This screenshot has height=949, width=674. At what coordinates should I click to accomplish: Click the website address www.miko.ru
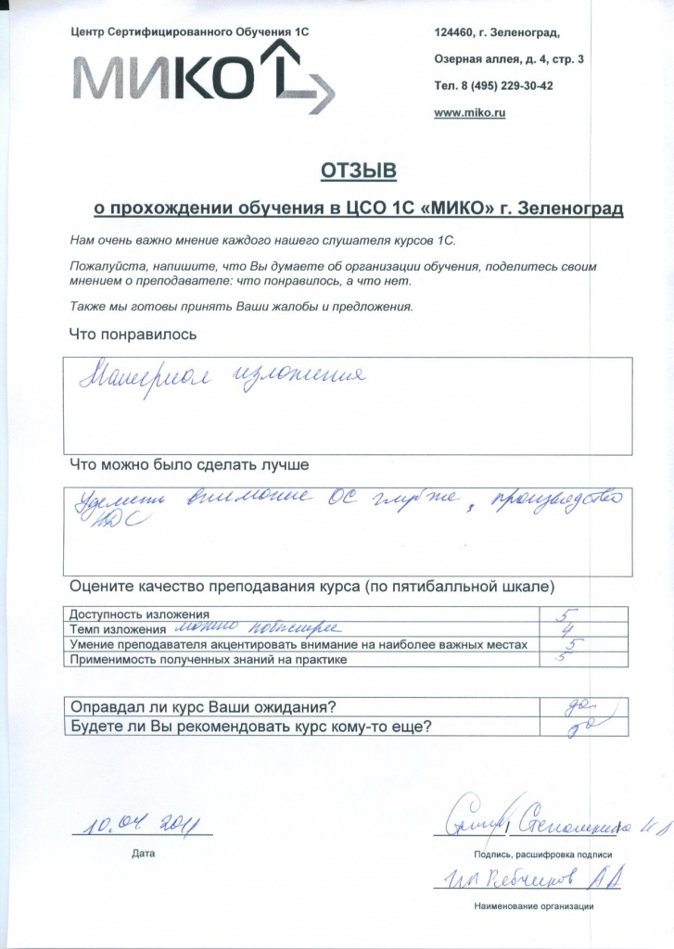469,112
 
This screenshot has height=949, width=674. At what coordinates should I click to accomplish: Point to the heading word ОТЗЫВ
358,171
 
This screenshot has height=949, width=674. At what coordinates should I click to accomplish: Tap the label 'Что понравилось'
134,334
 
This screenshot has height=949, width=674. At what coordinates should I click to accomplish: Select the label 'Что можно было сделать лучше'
189,462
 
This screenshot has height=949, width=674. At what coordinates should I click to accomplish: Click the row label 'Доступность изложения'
140,614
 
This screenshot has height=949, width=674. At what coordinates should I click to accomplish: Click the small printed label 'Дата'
144,851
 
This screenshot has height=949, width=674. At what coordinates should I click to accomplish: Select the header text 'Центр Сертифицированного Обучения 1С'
189,32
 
